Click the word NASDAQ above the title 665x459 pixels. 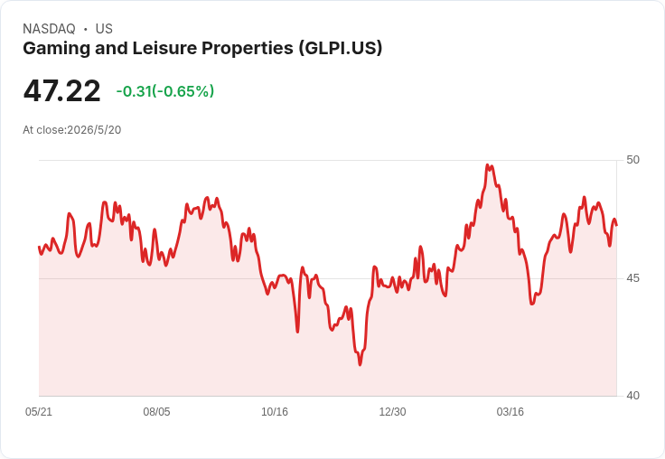click(49, 29)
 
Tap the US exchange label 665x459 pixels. click(104, 29)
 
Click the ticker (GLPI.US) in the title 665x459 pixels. click(340, 48)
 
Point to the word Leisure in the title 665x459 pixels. click(165, 48)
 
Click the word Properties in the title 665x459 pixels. click(248, 49)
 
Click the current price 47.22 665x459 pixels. click(62, 90)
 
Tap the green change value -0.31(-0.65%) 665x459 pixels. click(165, 91)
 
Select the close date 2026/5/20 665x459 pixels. click(94, 130)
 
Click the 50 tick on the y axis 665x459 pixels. click(632, 160)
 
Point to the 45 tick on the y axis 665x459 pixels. click(632, 278)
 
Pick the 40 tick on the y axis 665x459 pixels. click(632, 396)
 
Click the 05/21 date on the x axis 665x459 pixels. click(39, 411)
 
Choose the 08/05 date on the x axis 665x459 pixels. click(156, 411)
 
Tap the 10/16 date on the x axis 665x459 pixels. click(275, 411)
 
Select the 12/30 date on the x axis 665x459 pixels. click(392, 411)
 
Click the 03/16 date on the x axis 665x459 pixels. click(510, 411)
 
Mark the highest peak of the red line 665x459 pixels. click(487, 165)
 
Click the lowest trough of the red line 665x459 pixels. click(361, 364)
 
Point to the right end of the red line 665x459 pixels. click(616, 225)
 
